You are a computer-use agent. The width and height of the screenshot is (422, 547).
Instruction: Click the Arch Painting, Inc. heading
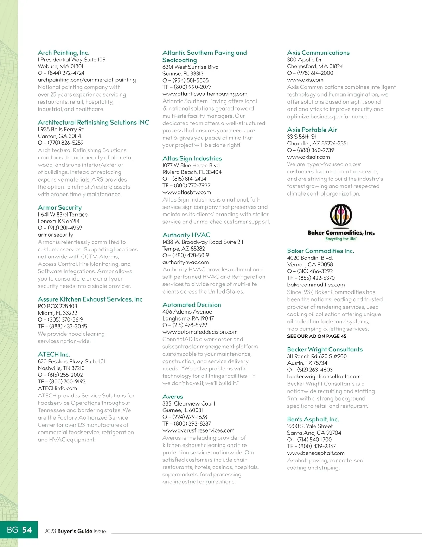tap(63, 53)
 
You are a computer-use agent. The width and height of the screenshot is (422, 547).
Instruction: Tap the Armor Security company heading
tap(60, 207)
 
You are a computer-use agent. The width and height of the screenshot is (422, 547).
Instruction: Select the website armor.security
tap(56, 235)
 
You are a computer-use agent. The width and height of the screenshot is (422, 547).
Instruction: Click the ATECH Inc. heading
tap(54, 354)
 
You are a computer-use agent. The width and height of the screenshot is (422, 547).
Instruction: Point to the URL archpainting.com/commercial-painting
tap(87, 80)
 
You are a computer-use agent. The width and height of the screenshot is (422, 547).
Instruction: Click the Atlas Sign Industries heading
tap(192, 158)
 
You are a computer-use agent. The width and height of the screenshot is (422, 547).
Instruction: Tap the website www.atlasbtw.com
tap(187, 192)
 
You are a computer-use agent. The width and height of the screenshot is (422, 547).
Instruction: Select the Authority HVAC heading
tap(186, 235)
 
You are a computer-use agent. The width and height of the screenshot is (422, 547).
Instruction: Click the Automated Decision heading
tap(192, 305)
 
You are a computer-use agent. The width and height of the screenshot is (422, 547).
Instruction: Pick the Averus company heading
tap(173, 396)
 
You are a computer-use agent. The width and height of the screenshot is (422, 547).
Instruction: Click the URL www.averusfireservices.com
tap(198, 430)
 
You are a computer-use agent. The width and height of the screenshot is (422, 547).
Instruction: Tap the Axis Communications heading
tap(318, 53)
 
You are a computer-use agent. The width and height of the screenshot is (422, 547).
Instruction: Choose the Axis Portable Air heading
tap(312, 130)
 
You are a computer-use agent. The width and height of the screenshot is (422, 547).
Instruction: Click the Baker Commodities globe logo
tap(340, 215)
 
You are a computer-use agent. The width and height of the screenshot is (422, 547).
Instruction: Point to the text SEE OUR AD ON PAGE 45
tap(316, 336)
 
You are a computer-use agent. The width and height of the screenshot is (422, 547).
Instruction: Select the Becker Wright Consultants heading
tap(325, 349)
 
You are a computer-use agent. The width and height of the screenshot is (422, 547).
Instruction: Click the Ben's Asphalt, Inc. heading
tap(313, 419)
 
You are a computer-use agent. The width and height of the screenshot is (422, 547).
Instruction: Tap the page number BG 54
tap(19, 530)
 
